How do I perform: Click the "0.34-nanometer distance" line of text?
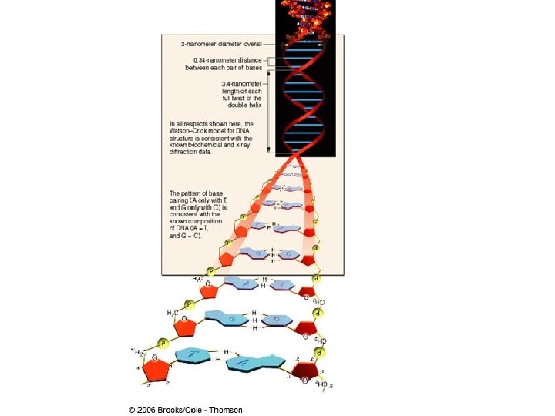(x=228, y=59)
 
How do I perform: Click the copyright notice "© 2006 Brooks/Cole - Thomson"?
(x=186, y=410)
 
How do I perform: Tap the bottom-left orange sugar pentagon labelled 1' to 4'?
(x=157, y=367)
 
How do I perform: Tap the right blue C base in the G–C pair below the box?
(x=274, y=319)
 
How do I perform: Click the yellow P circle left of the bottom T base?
(x=163, y=343)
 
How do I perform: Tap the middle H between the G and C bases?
(x=254, y=320)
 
